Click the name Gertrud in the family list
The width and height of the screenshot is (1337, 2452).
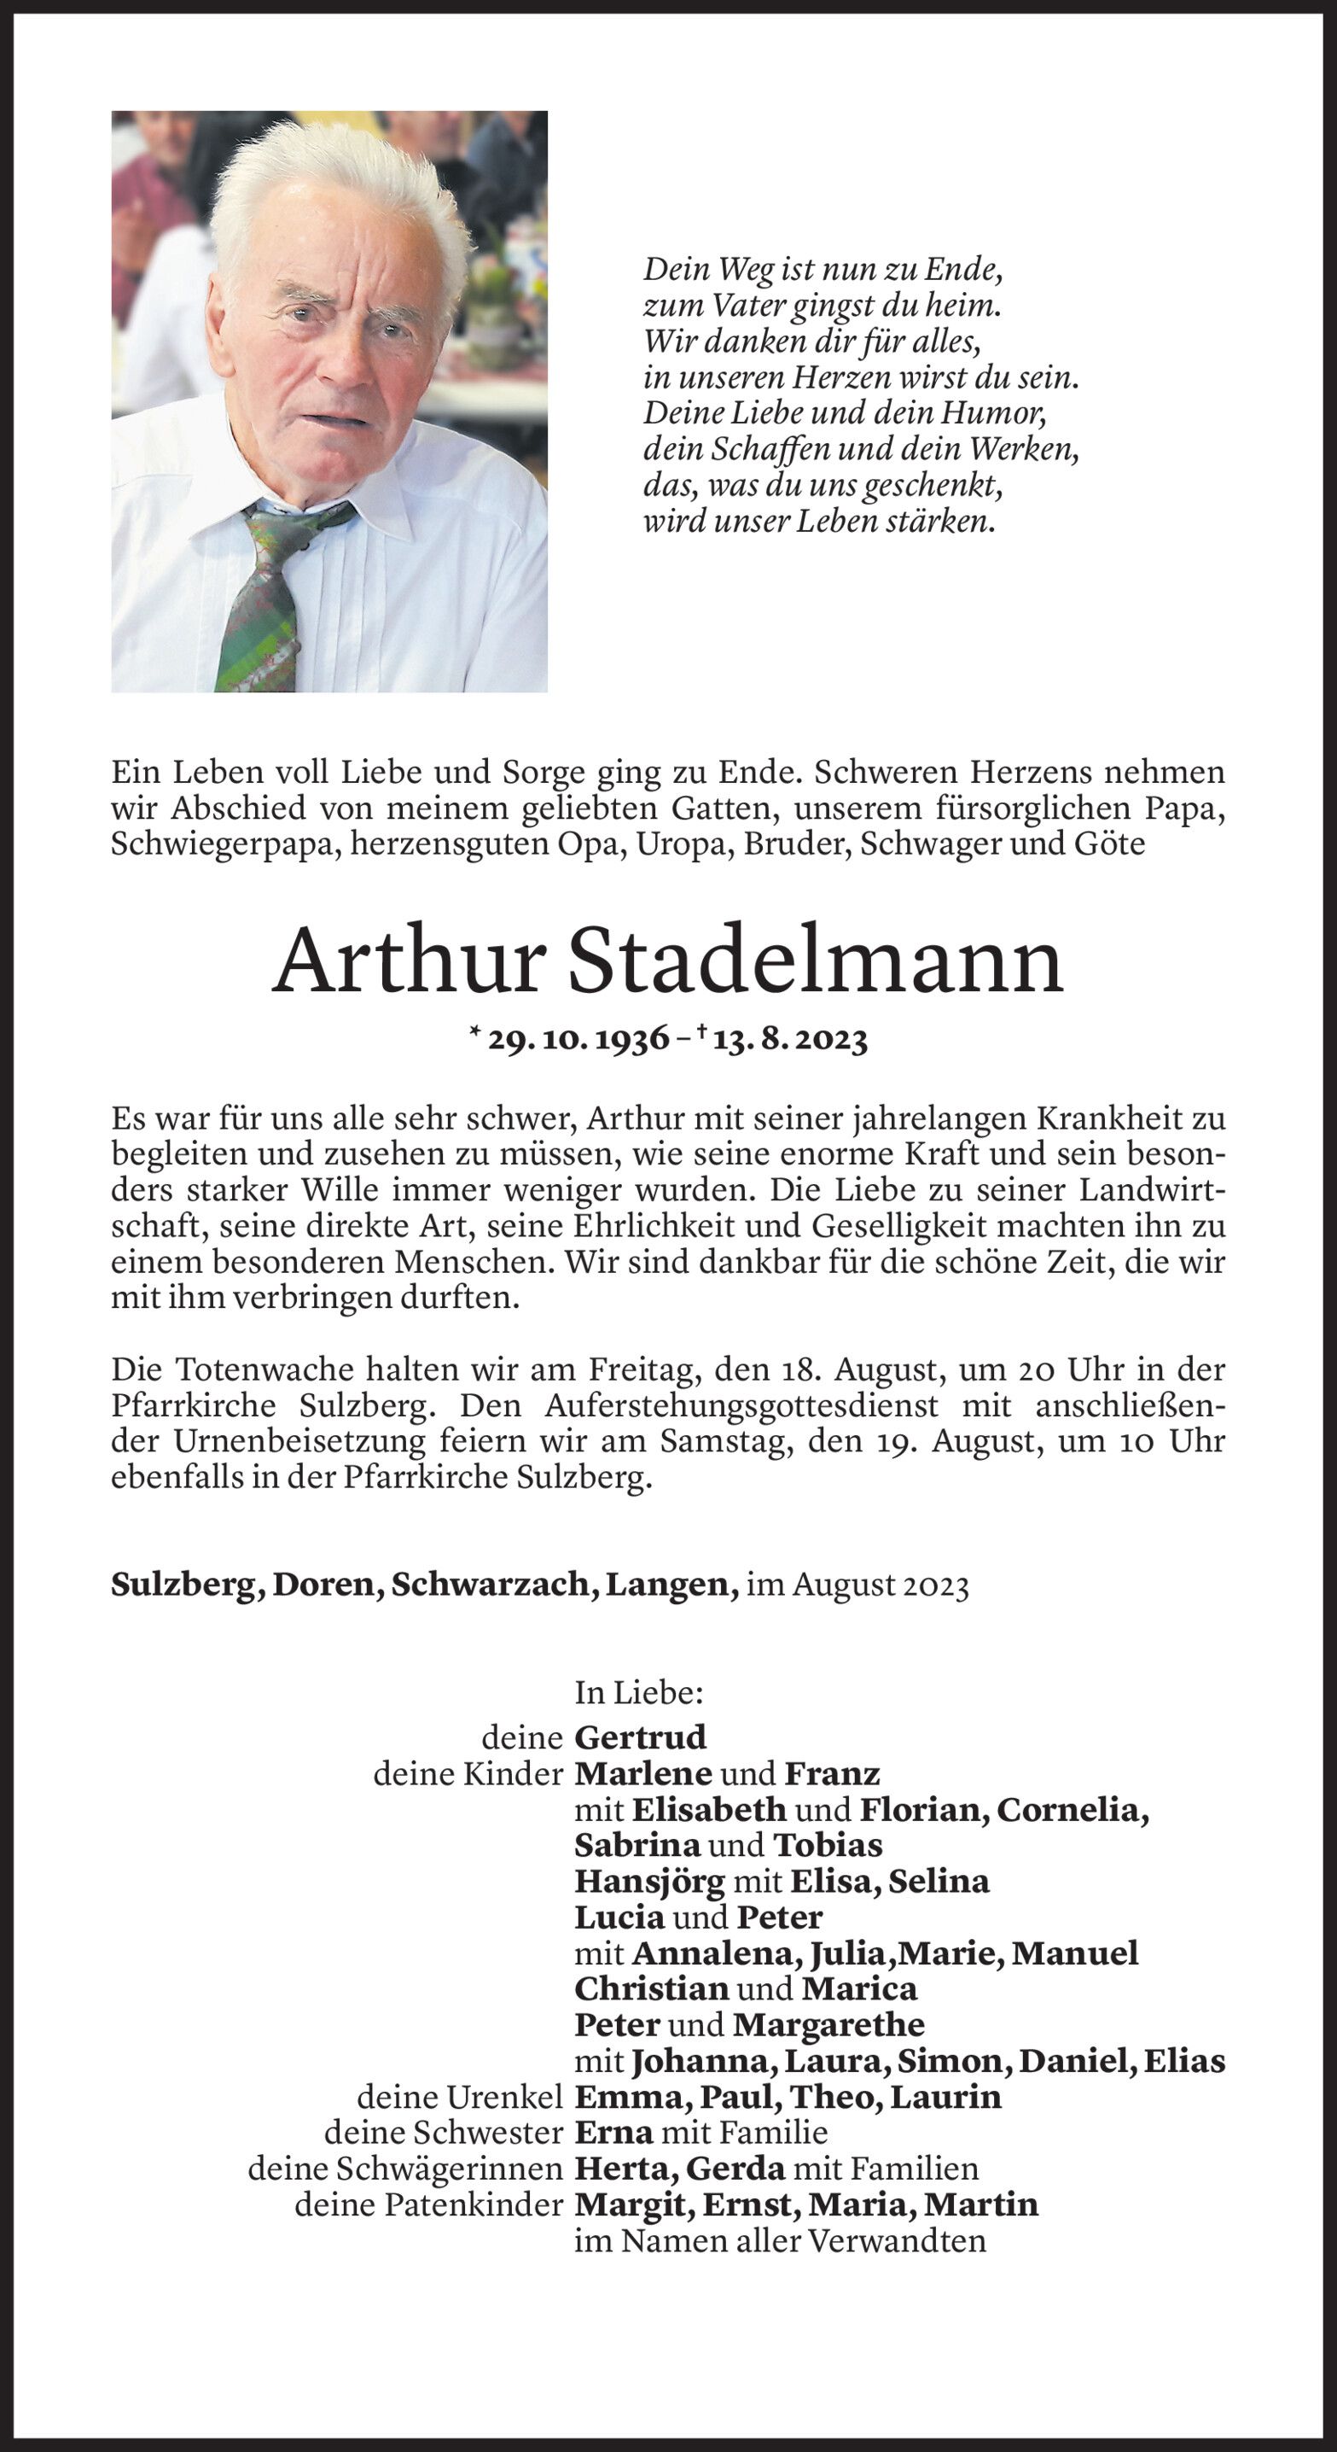(x=641, y=1737)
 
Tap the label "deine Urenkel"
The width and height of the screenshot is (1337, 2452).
(x=460, y=2097)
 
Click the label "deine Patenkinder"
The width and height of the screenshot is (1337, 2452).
(x=428, y=2204)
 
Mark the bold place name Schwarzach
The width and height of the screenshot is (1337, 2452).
(x=495, y=1584)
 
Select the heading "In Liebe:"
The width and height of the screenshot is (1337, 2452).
(x=638, y=1692)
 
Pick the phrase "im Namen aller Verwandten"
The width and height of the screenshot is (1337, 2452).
(x=779, y=2240)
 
